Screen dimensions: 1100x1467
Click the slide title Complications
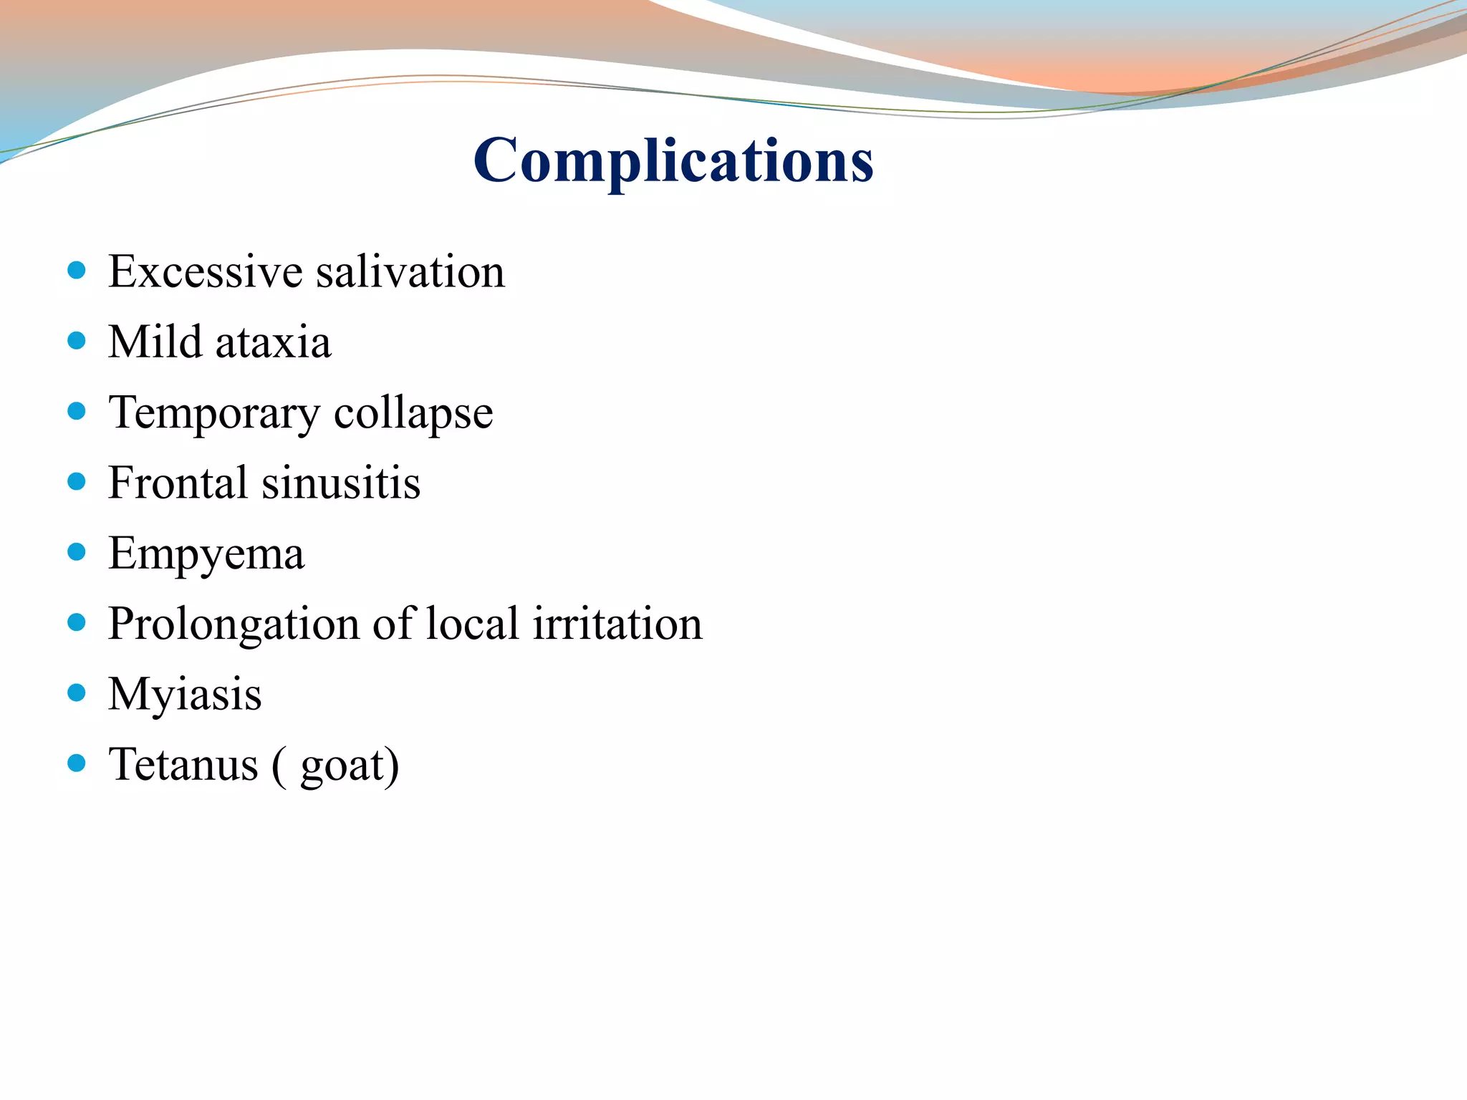673,161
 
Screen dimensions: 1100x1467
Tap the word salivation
410,272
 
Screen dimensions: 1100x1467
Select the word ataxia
273,342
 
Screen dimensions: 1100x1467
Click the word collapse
413,413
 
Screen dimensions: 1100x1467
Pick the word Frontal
178,483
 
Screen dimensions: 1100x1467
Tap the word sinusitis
341,483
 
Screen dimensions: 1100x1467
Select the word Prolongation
234,624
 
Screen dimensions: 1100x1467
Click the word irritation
617,624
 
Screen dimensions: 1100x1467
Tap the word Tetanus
183,764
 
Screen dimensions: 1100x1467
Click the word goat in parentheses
342,766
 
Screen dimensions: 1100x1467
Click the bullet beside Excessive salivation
77,270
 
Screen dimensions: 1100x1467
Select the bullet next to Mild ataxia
77,340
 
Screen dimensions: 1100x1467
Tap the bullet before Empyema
77,551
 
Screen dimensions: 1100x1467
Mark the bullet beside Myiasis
77,693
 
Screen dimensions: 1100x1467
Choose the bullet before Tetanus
77,763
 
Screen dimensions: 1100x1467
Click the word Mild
155,342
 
